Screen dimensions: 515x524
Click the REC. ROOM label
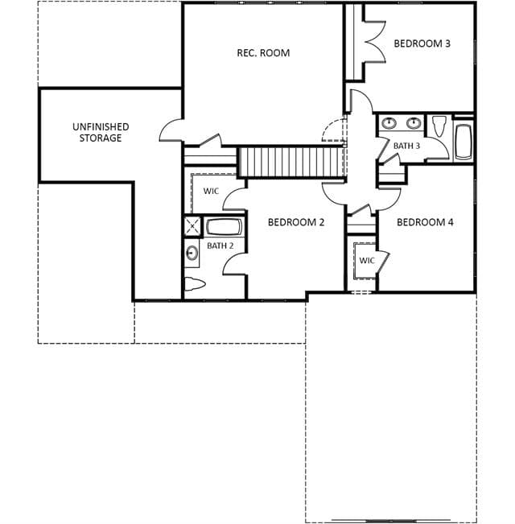point(263,53)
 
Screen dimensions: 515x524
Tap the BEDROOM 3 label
point(422,43)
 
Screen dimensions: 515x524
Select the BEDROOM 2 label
point(296,222)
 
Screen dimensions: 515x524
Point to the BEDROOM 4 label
point(425,222)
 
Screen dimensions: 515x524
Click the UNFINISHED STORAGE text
point(101,132)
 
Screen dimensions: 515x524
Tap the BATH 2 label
point(220,245)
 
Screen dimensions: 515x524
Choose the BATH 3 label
point(406,146)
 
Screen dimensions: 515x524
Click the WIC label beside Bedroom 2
point(211,191)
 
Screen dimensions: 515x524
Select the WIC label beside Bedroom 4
point(367,260)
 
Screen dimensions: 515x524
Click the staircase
point(290,162)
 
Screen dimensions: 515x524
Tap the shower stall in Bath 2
point(192,226)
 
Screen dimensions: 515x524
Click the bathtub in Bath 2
point(224,227)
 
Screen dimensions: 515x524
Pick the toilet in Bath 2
point(195,284)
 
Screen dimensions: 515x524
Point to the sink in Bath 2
point(192,253)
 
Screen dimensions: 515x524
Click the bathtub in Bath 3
point(463,142)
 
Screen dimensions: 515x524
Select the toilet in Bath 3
point(439,126)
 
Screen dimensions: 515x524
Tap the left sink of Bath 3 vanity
point(389,123)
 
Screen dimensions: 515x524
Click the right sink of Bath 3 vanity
point(414,123)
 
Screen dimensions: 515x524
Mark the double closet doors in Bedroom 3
point(375,42)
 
